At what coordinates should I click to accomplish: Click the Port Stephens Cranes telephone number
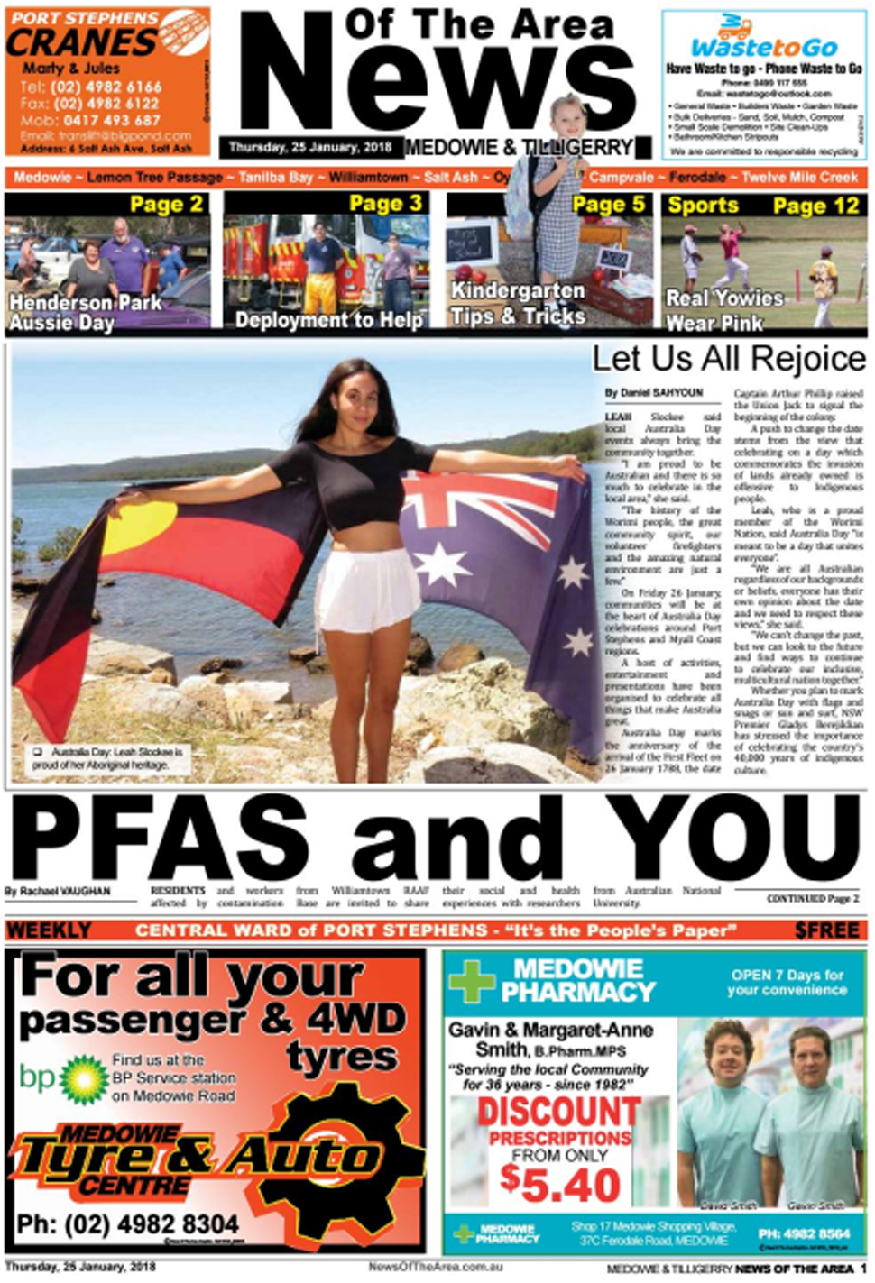coord(90,87)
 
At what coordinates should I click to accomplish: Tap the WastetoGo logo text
coord(764,47)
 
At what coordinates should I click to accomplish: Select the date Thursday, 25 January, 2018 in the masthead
coord(309,147)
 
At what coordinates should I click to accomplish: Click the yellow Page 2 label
coord(166,205)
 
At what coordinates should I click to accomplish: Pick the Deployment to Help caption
coord(328,320)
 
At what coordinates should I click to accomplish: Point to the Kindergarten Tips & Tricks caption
coord(518,303)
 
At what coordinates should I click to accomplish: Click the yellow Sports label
coord(703,206)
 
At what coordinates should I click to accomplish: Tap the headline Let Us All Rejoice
coord(728,359)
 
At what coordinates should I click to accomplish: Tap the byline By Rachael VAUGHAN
coord(58,892)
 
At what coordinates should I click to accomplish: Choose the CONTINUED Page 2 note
coord(812,899)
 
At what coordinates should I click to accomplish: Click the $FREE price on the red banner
coord(826,930)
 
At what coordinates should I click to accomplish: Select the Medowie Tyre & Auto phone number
coord(127,1224)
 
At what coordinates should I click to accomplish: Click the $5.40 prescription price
coord(560,1185)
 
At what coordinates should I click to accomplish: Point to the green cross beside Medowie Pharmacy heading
coord(472,981)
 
